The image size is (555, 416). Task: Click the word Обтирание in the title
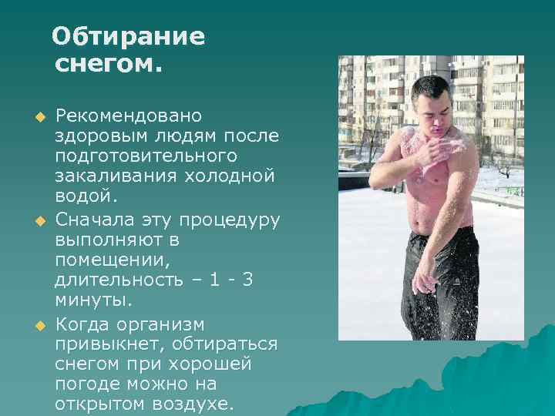pyautogui.click(x=129, y=36)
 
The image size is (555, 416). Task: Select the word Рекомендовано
pyautogui.click(x=128, y=116)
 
